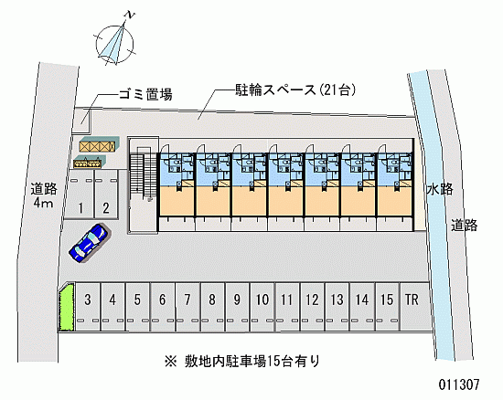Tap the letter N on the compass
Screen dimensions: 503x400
click(x=130, y=15)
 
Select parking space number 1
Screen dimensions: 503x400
click(x=80, y=195)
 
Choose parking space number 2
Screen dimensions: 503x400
click(x=106, y=195)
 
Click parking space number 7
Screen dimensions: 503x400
click(x=187, y=307)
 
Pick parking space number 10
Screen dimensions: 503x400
click(x=262, y=307)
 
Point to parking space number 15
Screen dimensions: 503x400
click(x=387, y=307)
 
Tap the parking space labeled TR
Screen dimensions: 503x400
click(x=413, y=307)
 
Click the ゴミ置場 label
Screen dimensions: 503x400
click(x=145, y=94)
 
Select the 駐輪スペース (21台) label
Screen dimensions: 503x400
click(x=295, y=90)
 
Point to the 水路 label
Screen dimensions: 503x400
click(x=440, y=189)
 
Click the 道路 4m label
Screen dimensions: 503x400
click(x=44, y=195)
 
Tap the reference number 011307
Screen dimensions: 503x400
click(x=459, y=384)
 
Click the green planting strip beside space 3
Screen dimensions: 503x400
click(x=66, y=308)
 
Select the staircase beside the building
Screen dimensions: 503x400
click(x=144, y=177)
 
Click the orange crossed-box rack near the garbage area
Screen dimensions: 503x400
click(x=97, y=146)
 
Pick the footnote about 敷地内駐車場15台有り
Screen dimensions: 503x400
click(x=242, y=362)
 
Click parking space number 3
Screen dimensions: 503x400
click(x=88, y=307)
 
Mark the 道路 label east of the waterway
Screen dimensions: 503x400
click(x=465, y=226)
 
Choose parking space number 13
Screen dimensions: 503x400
click(x=337, y=307)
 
